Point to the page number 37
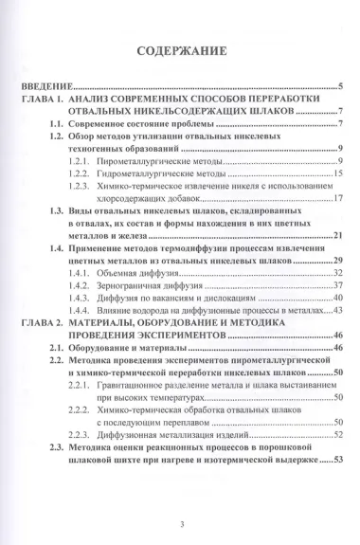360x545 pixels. point(336,284)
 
